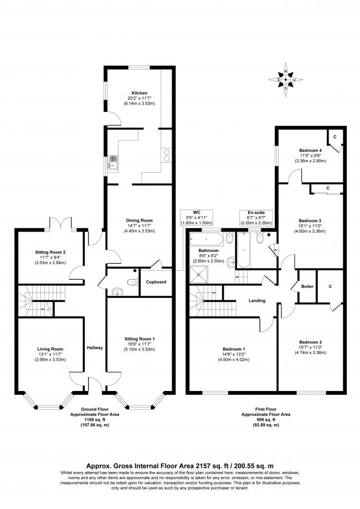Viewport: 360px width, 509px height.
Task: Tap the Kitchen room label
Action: click(138, 92)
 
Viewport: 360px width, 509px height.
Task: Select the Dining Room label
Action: click(138, 220)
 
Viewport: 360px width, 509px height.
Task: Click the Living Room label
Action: click(50, 348)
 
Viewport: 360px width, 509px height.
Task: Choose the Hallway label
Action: click(95, 348)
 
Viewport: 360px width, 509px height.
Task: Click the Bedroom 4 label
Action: click(310, 150)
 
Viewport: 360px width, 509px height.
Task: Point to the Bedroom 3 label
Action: click(310, 220)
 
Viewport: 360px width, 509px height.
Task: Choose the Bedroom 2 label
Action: click(310, 342)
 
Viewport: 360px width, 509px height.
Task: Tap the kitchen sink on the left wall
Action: click(113, 161)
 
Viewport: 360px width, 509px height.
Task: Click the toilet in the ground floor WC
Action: click(131, 281)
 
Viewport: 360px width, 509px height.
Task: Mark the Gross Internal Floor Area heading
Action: click(179, 466)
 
